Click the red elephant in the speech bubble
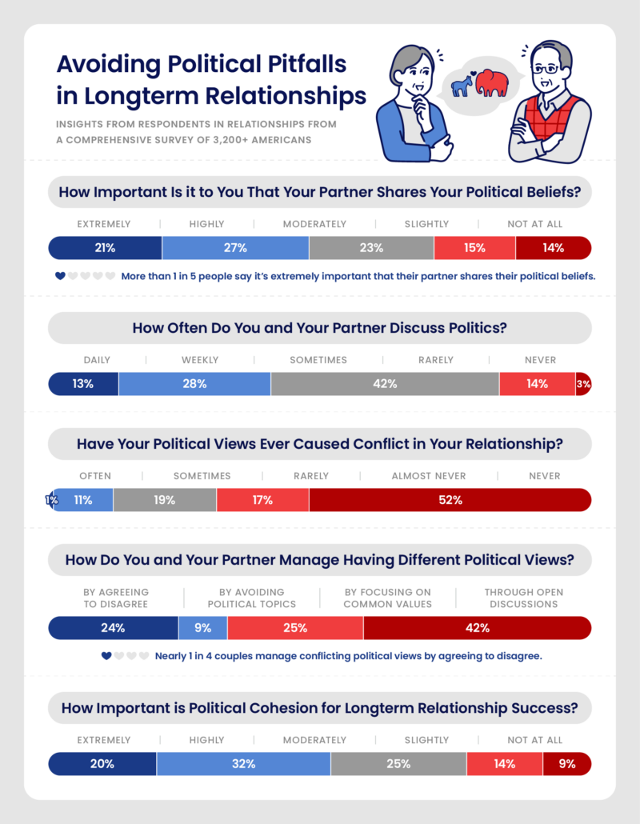click(491, 84)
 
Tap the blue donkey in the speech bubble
click(462, 85)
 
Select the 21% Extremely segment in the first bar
click(105, 248)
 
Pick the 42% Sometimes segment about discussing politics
click(385, 384)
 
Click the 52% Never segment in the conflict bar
click(450, 500)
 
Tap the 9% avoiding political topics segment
click(203, 628)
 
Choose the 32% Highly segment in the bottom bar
click(244, 764)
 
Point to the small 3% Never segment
click(583, 384)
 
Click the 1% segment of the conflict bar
click(50, 500)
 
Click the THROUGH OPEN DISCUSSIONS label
click(523, 598)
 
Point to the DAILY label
click(97, 360)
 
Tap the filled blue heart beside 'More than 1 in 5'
click(59, 276)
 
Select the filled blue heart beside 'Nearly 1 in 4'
click(106, 656)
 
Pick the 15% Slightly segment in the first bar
click(474, 248)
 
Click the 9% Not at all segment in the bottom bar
click(567, 764)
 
